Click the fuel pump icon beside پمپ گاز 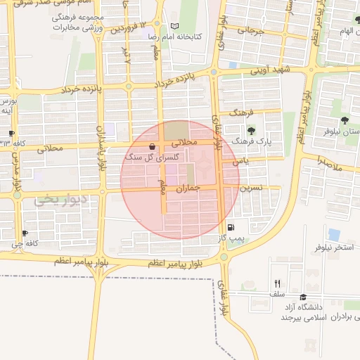point(230,228)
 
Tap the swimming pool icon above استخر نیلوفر point(334,235)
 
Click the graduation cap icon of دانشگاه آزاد point(303,297)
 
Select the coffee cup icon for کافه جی point(25,233)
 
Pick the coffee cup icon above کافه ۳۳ point(12,133)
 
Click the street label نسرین point(252,188)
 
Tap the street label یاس point(243,161)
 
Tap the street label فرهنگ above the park point(250,111)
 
